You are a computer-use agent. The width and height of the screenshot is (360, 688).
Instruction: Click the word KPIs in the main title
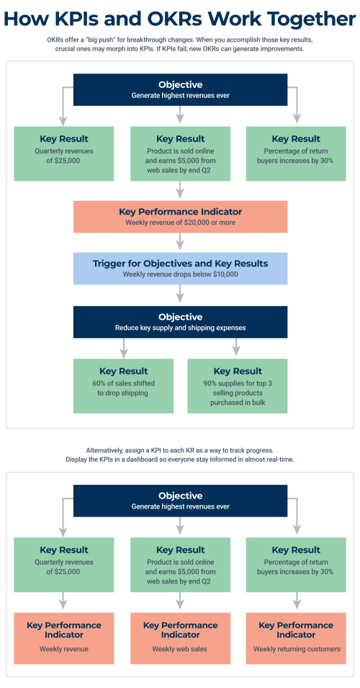coord(97,18)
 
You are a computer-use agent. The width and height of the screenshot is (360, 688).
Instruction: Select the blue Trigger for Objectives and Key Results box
coord(180,268)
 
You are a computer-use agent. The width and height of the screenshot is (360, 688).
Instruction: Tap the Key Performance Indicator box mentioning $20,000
coord(180,216)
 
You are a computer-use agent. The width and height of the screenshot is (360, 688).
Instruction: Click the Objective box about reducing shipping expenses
coord(180,321)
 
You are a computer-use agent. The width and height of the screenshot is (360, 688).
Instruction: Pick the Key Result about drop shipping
coord(123,386)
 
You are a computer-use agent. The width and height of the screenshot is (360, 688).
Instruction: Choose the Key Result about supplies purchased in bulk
coord(238,386)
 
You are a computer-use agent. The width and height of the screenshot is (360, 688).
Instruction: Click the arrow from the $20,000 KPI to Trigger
coord(180,243)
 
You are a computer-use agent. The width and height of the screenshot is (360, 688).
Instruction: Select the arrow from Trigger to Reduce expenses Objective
coord(180,295)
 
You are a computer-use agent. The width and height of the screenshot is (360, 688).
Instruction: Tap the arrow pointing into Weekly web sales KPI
coord(180,599)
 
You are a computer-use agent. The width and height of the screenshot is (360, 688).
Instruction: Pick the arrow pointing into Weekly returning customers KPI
coord(296,599)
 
